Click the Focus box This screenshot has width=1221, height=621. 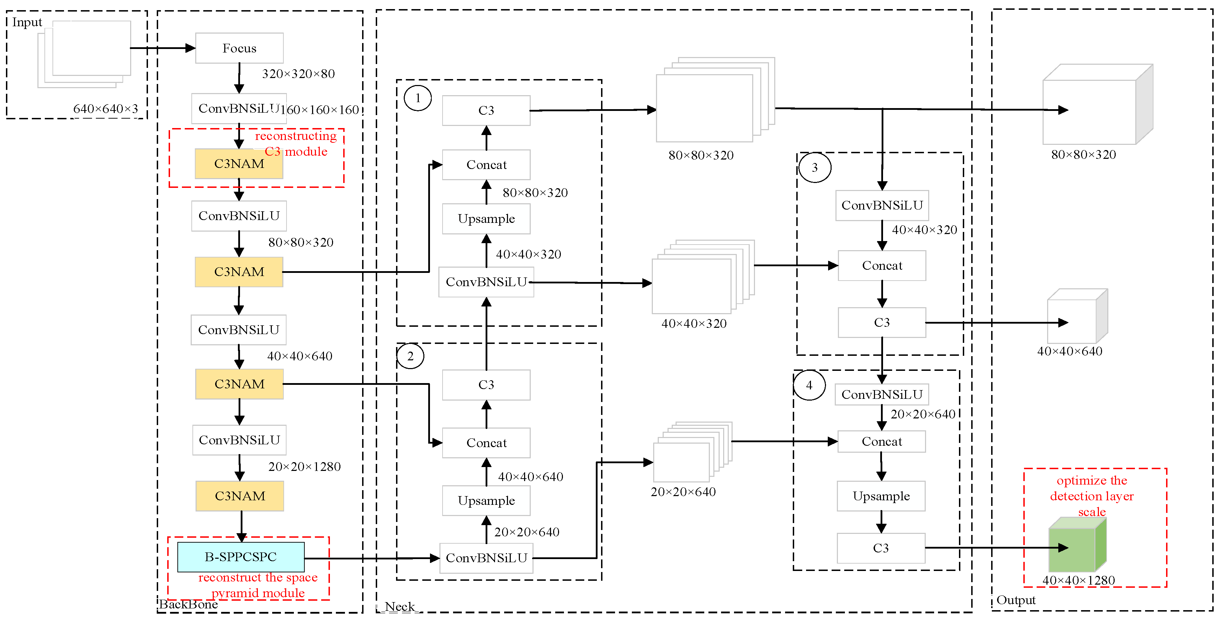(239, 48)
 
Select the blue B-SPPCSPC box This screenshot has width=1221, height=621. (241, 557)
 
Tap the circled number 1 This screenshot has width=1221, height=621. (418, 98)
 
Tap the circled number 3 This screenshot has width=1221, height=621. (814, 167)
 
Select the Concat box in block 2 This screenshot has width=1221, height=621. (486, 443)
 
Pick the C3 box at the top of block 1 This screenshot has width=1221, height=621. (486, 111)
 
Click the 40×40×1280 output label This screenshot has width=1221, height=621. (1078, 580)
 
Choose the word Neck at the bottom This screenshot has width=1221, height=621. (400, 606)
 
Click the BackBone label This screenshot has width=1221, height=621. (188, 605)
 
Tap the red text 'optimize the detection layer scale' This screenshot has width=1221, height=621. (1092, 496)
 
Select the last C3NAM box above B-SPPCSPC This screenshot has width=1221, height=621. (240, 496)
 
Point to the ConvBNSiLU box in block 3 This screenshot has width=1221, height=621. (882, 205)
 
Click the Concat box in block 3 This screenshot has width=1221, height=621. (882, 266)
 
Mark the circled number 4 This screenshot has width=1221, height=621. (809, 385)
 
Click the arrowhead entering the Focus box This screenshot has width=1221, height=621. (191, 48)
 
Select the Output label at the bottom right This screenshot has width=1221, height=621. (1016, 600)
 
